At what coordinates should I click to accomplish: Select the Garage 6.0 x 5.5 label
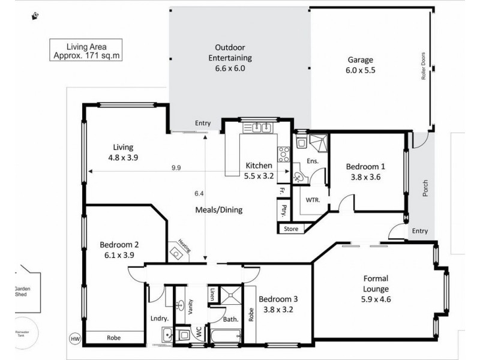pyautogui.click(x=361, y=65)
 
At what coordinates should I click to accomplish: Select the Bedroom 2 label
pyautogui.click(x=119, y=249)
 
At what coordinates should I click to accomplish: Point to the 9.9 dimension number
pyautogui.click(x=176, y=168)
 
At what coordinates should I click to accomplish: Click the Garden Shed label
pyautogui.click(x=22, y=292)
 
